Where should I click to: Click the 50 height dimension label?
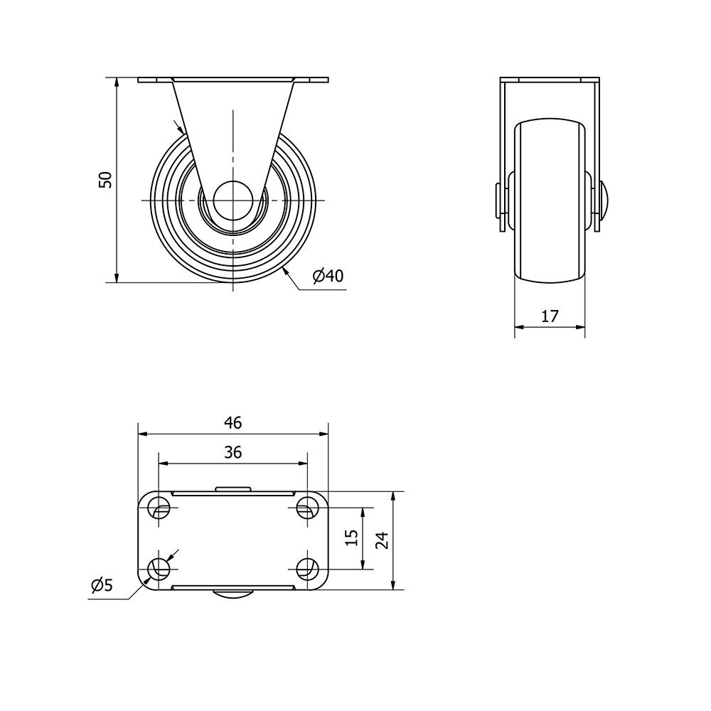(105, 180)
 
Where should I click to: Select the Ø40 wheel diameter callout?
(328, 275)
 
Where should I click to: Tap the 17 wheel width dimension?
(550, 316)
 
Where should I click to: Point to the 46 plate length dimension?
(233, 422)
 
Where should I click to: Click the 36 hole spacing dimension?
(233, 452)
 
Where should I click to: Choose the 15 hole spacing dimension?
(351, 538)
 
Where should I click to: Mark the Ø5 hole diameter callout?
(102, 585)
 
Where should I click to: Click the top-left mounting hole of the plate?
(159, 508)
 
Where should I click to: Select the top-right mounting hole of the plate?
(307, 508)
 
